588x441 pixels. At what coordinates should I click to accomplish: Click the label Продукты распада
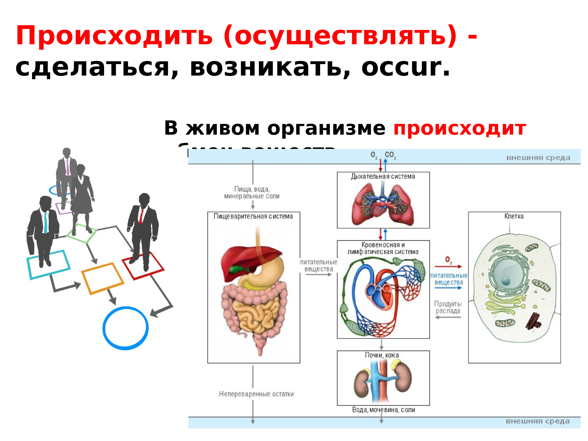[x=448, y=307]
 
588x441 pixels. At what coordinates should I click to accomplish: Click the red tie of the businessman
[x=141, y=217]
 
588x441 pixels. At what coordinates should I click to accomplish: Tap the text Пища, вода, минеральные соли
[x=252, y=193]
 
